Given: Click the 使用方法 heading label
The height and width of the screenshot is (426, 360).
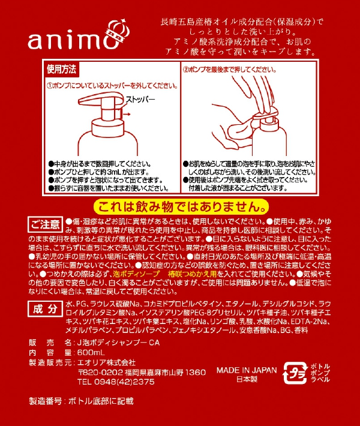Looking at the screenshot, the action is (61, 69).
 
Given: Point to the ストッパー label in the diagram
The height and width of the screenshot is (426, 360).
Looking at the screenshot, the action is (140, 100).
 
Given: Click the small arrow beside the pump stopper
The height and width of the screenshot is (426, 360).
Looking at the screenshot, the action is (127, 114).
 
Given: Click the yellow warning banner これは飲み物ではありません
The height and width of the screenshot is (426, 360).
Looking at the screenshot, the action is (181, 207).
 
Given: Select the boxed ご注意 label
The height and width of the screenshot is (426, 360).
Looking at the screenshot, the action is (46, 224).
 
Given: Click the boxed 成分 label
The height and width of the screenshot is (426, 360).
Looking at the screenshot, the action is (45, 309).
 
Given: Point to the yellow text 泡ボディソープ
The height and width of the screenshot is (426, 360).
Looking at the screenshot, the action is (137, 274).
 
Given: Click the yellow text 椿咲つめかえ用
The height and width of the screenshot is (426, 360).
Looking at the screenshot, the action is (192, 274).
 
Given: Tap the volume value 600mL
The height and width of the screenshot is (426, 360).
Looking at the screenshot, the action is (91, 353).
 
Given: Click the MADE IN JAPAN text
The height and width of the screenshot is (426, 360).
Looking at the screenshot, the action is (247, 370).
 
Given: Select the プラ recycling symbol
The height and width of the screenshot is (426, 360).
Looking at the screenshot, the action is (295, 373).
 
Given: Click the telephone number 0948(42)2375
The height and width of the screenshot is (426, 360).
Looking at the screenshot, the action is (124, 382).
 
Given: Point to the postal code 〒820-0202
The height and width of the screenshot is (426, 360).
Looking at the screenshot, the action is (100, 372).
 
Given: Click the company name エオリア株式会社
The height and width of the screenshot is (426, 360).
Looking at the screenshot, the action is (106, 362).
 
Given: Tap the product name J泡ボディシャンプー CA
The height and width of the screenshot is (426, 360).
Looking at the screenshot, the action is (118, 343).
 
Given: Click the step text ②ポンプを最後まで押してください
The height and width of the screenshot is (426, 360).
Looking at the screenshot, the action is (230, 70).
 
